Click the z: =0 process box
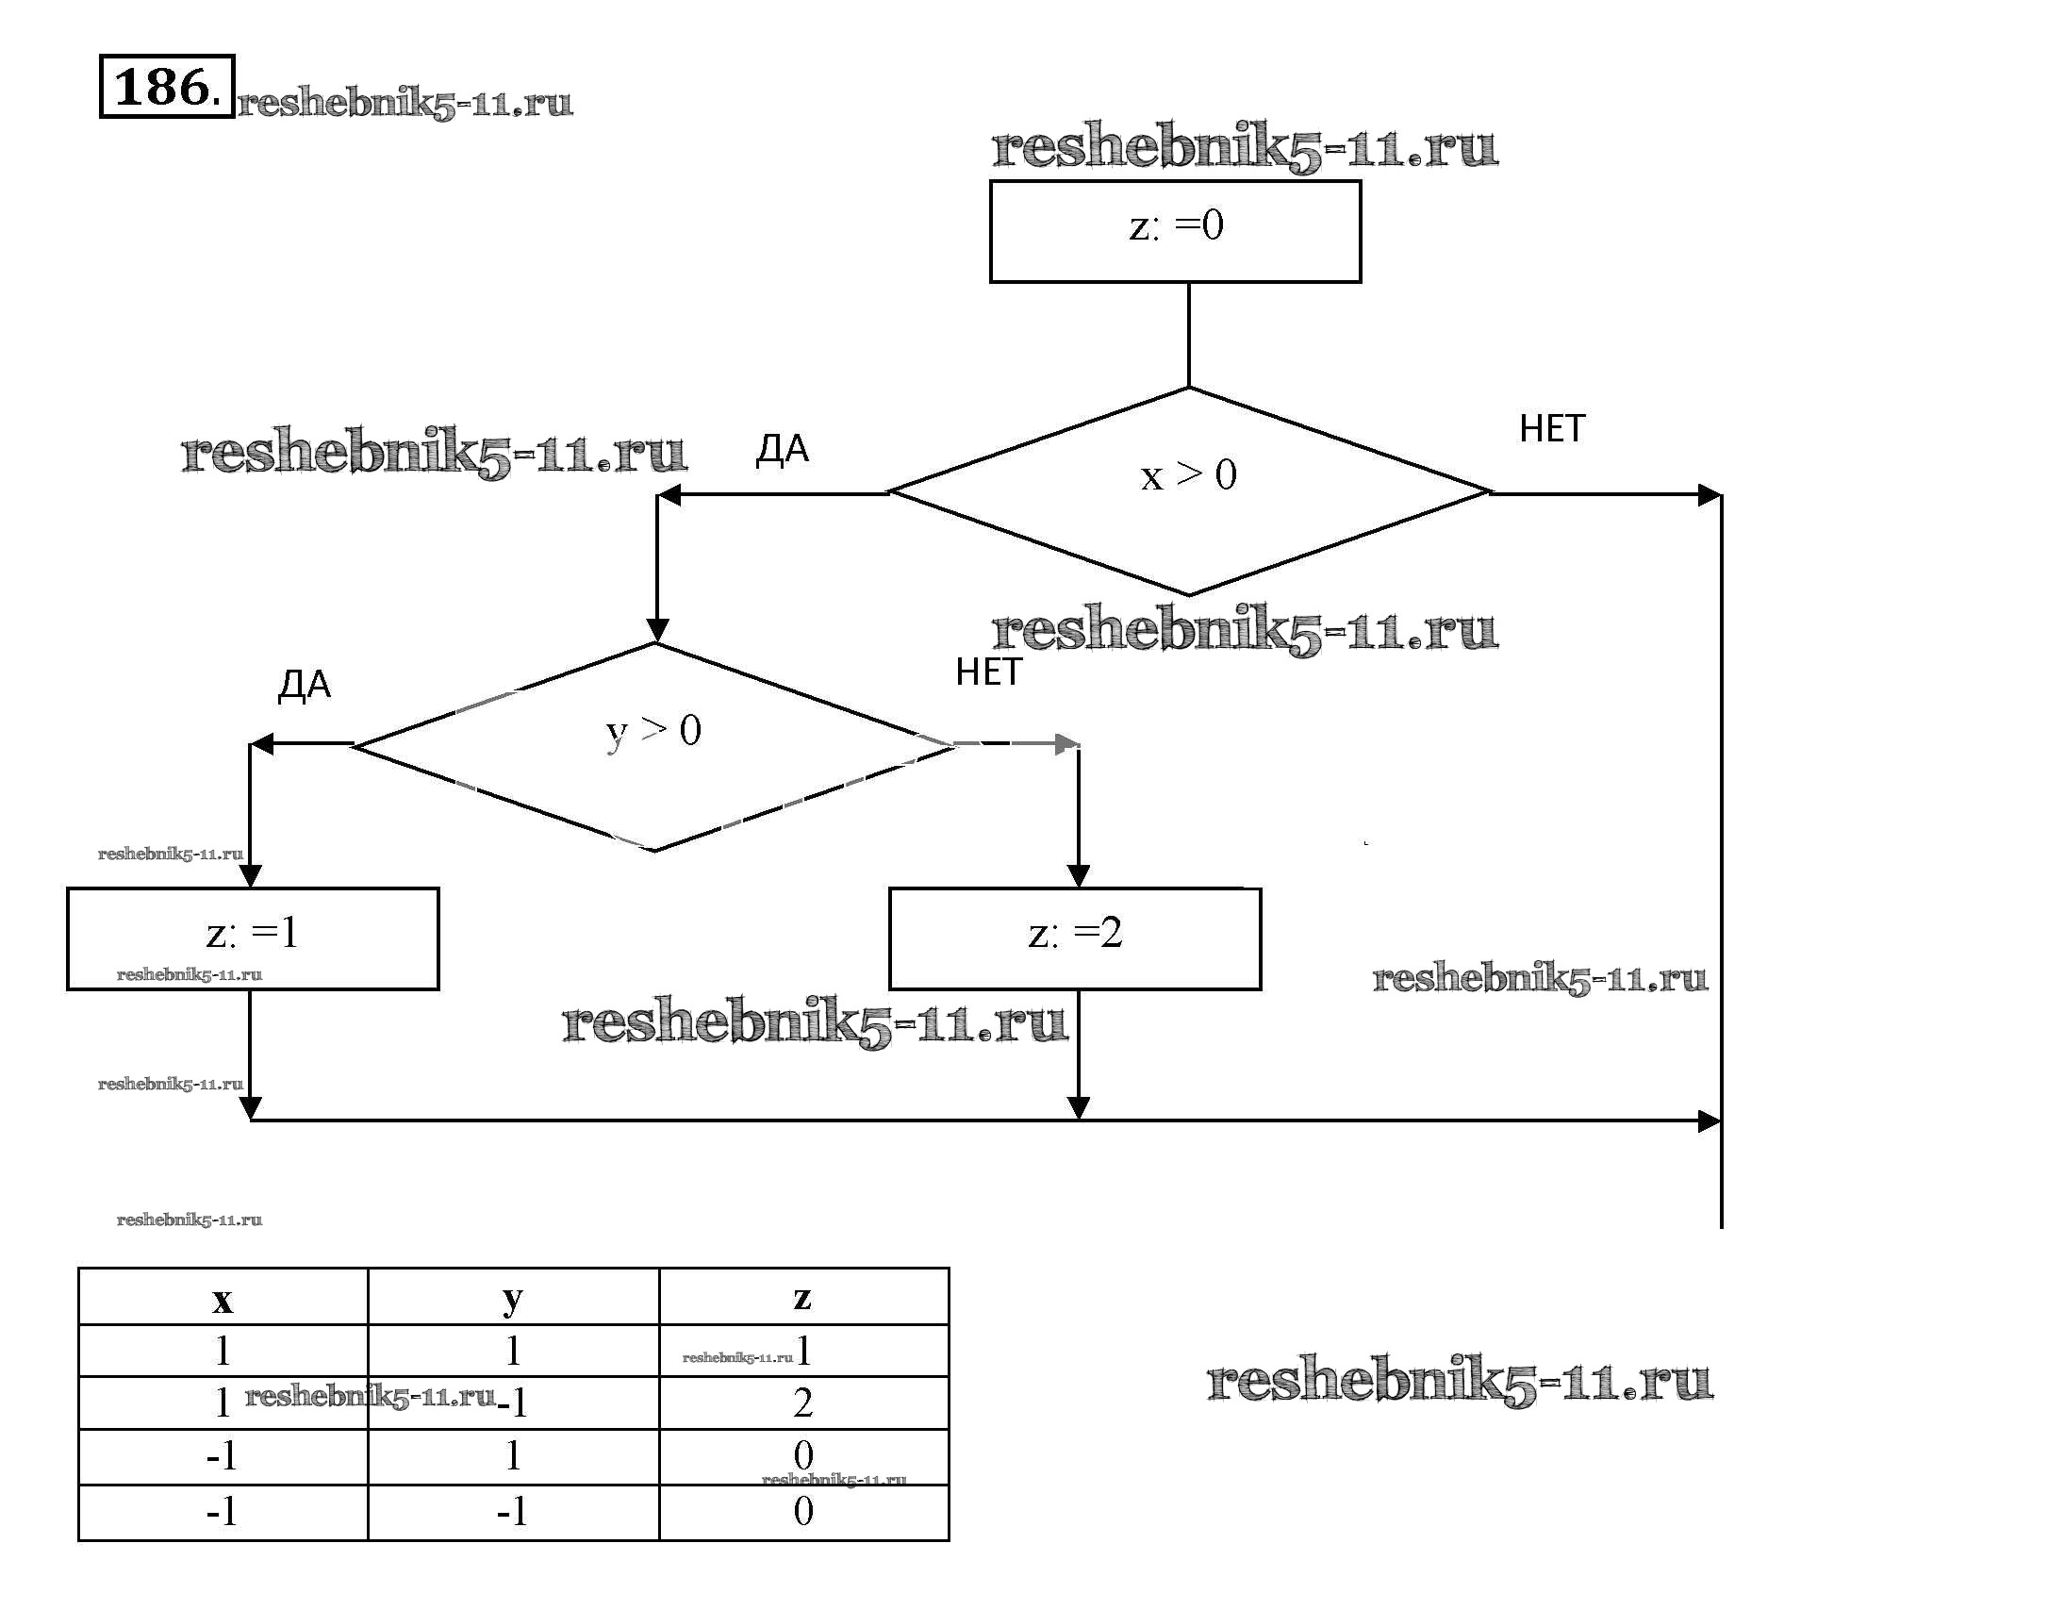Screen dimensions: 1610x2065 1175,231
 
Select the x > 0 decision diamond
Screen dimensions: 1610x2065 1188,491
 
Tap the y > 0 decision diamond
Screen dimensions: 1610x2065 654,746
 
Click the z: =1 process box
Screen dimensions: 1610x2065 253,938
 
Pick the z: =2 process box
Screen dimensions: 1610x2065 1074,938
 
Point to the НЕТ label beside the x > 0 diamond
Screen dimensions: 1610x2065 1551,429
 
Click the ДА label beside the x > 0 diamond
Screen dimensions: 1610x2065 782,450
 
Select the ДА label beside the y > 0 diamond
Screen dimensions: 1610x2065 305,686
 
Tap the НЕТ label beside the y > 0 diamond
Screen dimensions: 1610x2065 988,672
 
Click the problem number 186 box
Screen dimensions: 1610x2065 166,87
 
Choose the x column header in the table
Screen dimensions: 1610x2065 223,1298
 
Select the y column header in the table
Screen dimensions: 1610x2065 512,1298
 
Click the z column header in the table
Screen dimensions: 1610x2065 802,1298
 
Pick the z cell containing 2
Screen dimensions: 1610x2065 802,1402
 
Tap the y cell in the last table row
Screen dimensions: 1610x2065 512,1512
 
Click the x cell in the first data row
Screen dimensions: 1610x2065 223,1350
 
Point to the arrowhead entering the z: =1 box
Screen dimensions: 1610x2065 250,875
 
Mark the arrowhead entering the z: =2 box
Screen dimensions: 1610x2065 1078,875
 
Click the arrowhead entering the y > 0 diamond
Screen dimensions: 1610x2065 657,630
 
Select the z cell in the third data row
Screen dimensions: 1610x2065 802,1455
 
